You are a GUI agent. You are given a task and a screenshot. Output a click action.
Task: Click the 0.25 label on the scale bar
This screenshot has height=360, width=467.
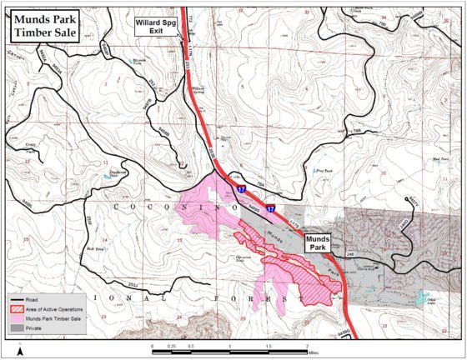pos(171,345)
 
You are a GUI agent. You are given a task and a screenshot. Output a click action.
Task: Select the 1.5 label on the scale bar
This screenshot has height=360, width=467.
pos(268,345)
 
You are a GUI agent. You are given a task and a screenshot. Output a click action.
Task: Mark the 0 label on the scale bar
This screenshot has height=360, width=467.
pos(153,345)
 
